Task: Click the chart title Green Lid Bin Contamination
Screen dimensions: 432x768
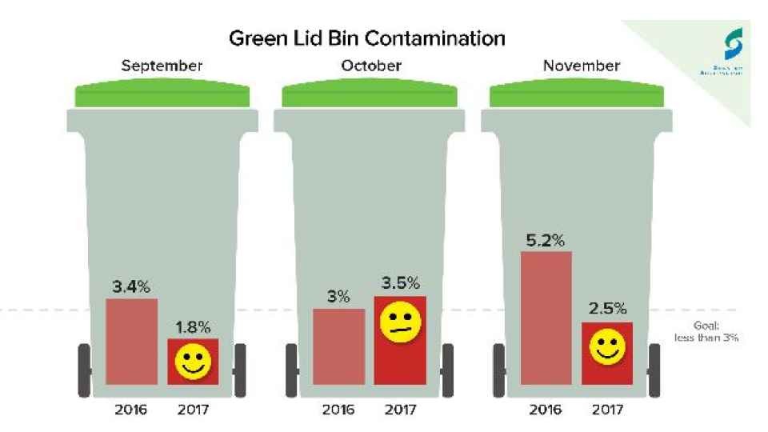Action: coord(367,38)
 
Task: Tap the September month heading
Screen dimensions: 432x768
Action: coord(162,66)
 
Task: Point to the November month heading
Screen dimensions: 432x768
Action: coord(581,66)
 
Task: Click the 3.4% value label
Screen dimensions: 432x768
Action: coord(131,287)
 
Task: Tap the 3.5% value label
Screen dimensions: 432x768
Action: coord(401,283)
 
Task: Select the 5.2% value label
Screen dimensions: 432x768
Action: coord(546,238)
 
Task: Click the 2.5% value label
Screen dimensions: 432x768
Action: coord(609,309)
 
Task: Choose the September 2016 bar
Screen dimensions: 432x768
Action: coord(131,342)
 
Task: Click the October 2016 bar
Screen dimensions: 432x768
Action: coord(338,346)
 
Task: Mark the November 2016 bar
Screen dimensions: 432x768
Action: coord(546,318)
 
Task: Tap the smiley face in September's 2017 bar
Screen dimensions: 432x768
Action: coord(192,362)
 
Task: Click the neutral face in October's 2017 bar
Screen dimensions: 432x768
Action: coord(400,322)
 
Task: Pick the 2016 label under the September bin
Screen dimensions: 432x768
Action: coord(131,410)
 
